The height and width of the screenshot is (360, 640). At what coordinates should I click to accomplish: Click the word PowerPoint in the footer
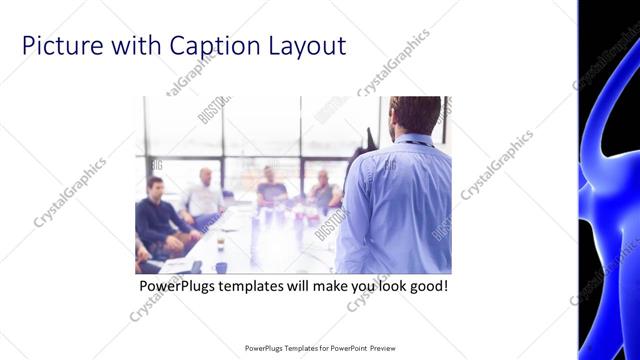(x=346, y=348)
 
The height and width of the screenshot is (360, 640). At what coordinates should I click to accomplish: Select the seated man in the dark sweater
(x=157, y=215)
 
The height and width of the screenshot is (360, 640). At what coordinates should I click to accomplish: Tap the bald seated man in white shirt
(x=204, y=196)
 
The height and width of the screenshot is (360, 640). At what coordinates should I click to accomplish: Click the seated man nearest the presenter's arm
(x=322, y=190)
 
